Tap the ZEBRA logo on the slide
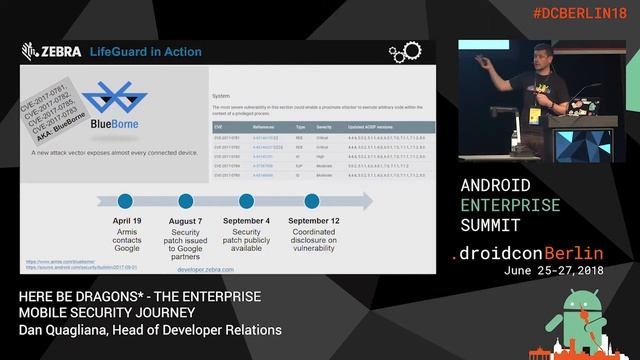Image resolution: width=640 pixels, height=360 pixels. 51,51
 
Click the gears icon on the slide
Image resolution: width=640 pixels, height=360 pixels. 404,51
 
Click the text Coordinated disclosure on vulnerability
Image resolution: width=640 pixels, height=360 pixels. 313,239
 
